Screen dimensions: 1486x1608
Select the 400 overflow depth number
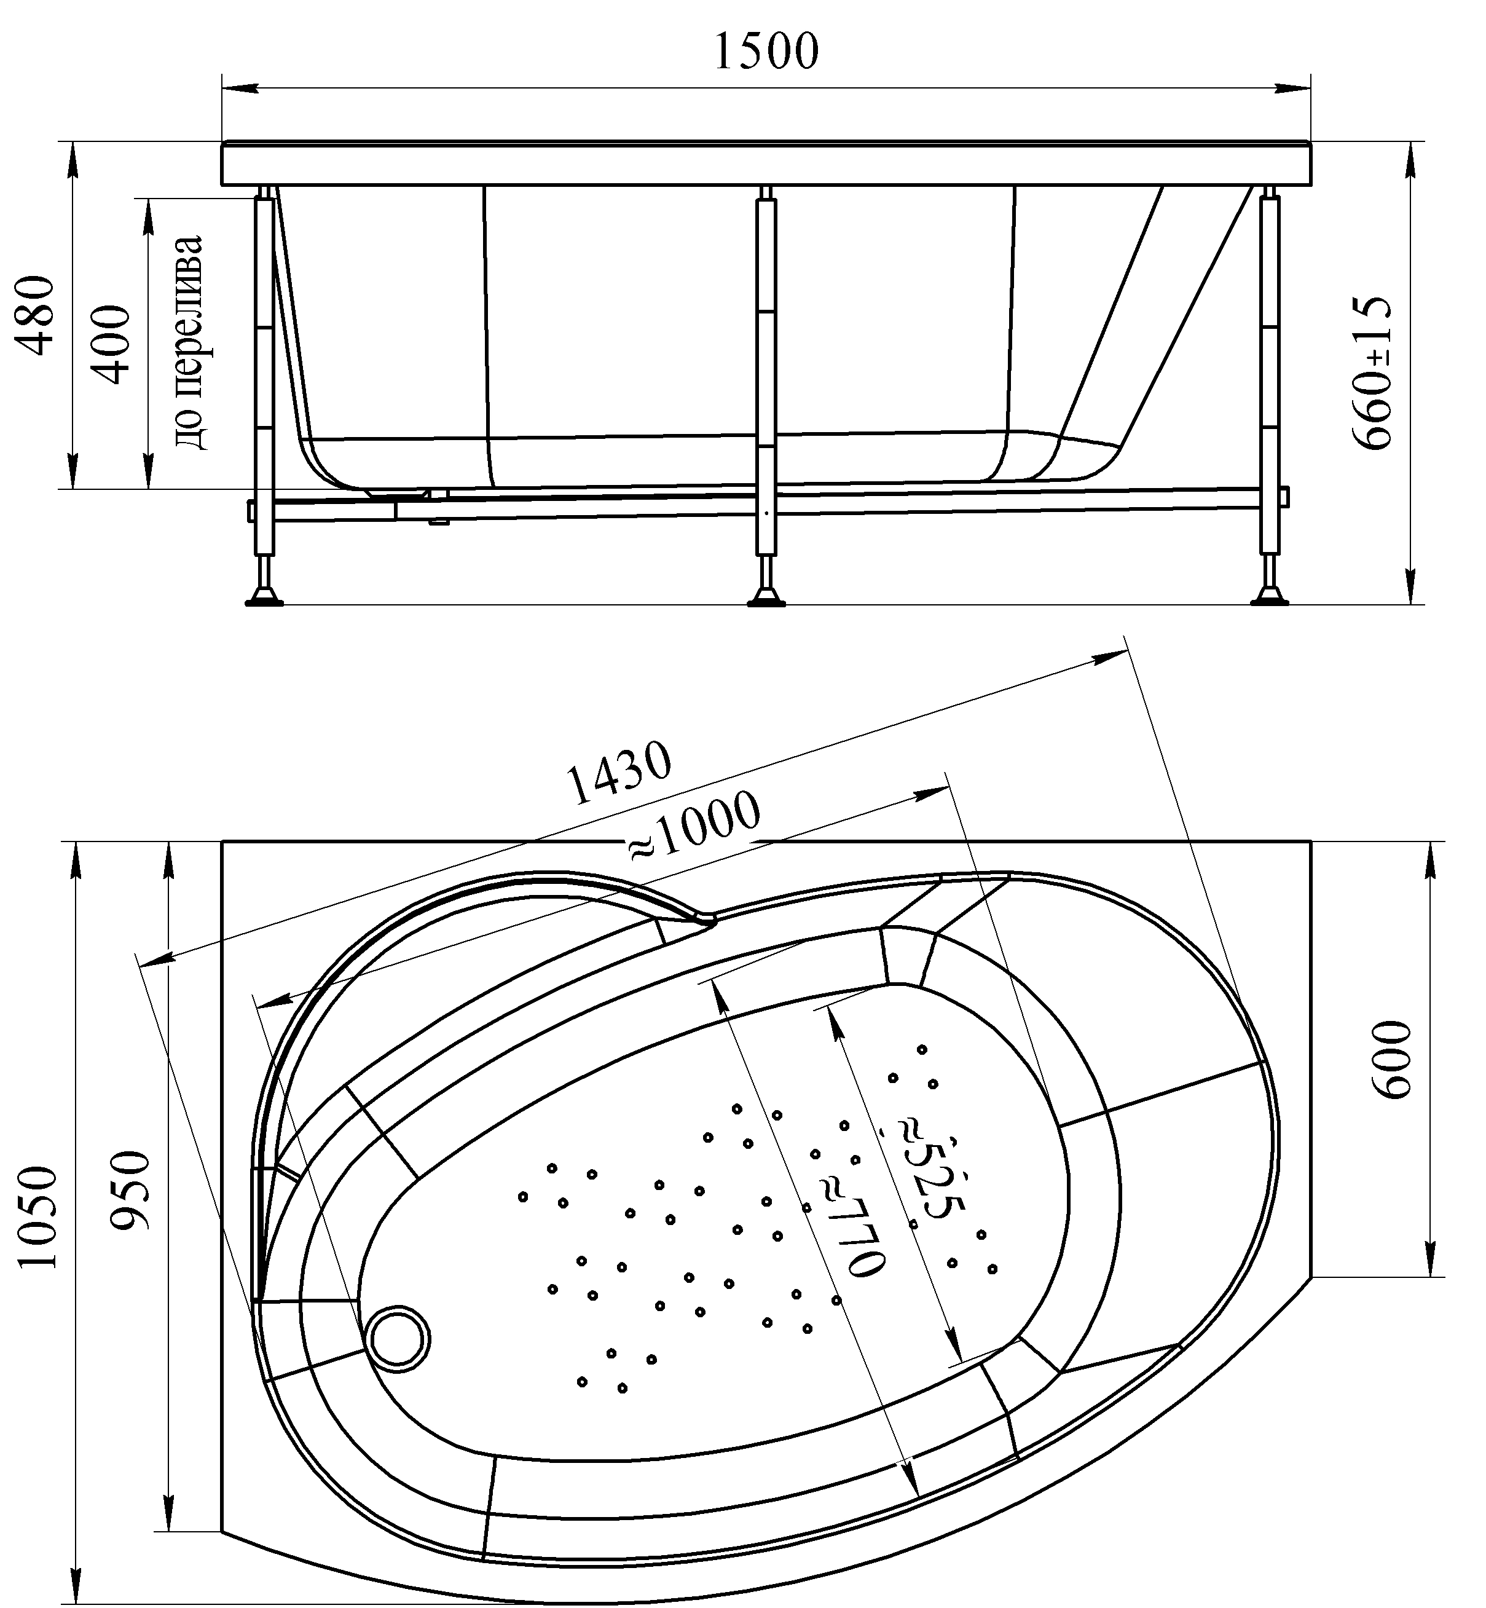(x=109, y=344)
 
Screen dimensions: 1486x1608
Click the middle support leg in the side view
(x=766, y=378)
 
